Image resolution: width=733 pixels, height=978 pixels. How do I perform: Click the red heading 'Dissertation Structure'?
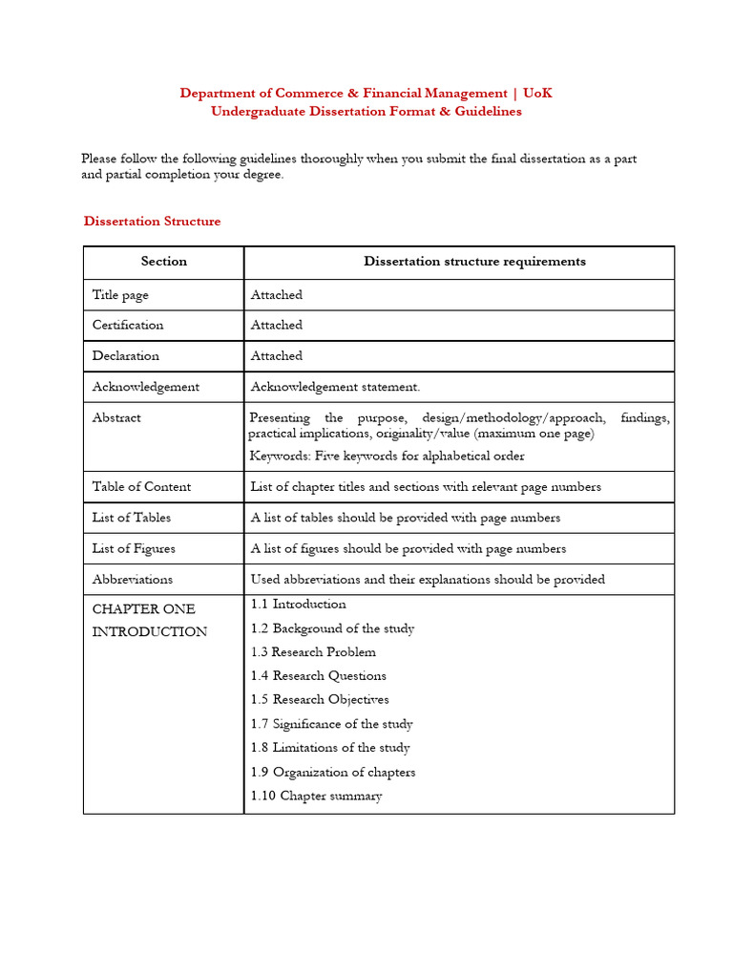coord(152,222)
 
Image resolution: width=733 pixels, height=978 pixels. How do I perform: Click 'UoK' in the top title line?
coord(537,93)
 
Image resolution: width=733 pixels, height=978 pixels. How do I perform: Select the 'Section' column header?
coord(164,262)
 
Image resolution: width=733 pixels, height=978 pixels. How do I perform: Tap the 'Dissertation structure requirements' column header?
coord(474,262)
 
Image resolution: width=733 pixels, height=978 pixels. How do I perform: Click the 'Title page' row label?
coord(120,295)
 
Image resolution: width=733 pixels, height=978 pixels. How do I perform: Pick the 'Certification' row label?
coord(128,325)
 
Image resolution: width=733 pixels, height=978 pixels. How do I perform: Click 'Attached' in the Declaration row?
coord(276,355)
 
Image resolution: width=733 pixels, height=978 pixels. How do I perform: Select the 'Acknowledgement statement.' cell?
coord(335,387)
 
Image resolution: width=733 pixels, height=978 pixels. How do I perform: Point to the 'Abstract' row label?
coord(116,417)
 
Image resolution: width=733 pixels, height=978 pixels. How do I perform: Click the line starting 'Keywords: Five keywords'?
coord(387,457)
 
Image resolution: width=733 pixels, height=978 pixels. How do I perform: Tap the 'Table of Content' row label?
coord(141,486)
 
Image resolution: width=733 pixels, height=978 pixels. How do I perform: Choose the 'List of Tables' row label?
coord(132,518)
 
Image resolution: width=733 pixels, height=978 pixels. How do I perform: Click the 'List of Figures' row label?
coord(134,548)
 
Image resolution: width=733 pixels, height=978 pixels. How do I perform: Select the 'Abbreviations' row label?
coord(133,579)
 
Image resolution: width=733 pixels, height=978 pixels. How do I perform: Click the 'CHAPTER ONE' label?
coord(143,609)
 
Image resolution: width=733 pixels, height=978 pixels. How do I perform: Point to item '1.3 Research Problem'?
coord(313,652)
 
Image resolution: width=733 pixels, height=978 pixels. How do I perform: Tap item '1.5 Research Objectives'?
coord(320,700)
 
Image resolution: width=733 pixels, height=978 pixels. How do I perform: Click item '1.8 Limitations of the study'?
coord(330,748)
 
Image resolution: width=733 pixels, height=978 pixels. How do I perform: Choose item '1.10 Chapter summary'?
coord(316,796)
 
